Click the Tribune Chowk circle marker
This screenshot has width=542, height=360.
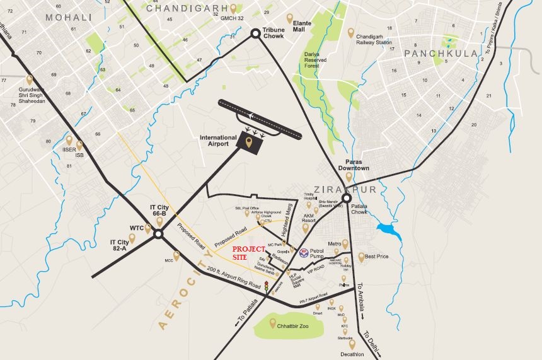pyautogui.click(x=255, y=34)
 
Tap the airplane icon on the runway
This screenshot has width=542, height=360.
pyautogui.click(x=251, y=116)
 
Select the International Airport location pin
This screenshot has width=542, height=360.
pyautogui.click(x=248, y=143)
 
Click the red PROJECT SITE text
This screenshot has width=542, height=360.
pyautogui.click(x=249, y=253)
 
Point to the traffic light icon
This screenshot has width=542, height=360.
pyautogui.click(x=266, y=286)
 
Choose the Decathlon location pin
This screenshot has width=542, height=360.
pyautogui.click(x=352, y=344)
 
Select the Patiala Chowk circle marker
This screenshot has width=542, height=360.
pyautogui.click(x=347, y=197)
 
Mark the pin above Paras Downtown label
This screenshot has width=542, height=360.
pyautogui.click(x=349, y=177)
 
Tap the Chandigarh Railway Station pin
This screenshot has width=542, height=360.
pyautogui.click(x=351, y=33)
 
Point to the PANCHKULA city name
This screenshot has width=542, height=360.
pyautogui.click(x=441, y=54)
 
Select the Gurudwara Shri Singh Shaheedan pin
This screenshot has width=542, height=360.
pyautogui.click(x=29, y=80)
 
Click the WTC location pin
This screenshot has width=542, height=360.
pyautogui.click(x=148, y=228)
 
